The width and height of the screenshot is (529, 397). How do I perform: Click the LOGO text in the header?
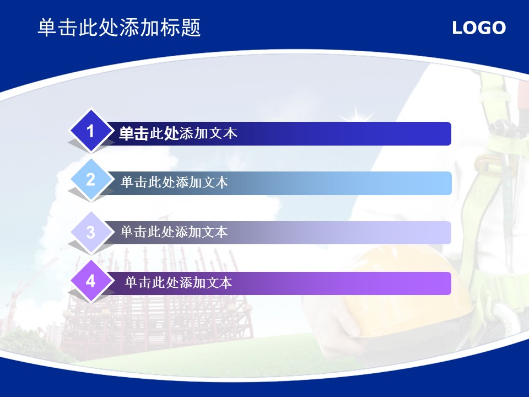click(479, 28)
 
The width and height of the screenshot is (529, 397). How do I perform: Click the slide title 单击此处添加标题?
click(120, 28)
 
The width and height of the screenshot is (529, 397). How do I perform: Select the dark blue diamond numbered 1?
click(91, 131)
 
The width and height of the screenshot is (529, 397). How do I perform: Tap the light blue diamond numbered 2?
click(91, 179)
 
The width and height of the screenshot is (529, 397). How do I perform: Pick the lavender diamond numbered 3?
click(91, 232)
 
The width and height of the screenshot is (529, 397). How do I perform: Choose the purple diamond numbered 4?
click(91, 281)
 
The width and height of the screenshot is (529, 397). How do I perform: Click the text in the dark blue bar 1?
click(178, 133)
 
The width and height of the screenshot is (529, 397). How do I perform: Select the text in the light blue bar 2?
click(175, 183)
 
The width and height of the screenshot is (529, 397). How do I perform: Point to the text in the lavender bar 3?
click(174, 232)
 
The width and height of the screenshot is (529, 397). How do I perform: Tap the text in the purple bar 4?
click(178, 282)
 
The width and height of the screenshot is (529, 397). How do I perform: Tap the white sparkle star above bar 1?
click(356, 114)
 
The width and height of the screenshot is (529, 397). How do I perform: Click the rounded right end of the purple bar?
click(449, 283)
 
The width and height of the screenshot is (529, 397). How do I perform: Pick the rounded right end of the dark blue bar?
click(449, 133)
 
